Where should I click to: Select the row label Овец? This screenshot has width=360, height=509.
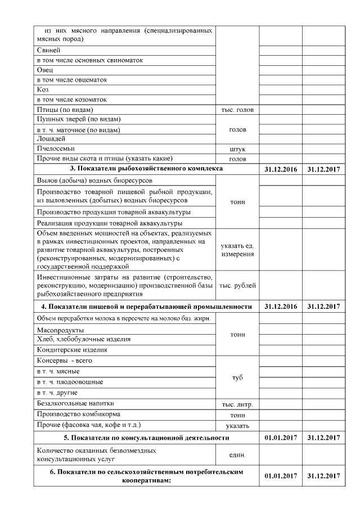(x=44, y=70)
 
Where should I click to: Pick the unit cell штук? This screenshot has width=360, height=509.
(x=237, y=149)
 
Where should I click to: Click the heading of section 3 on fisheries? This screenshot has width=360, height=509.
(x=146, y=169)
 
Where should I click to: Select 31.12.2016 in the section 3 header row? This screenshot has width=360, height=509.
(x=280, y=169)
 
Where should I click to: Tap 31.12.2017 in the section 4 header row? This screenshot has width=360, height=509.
(x=323, y=307)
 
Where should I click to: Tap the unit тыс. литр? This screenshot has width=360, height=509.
(x=237, y=404)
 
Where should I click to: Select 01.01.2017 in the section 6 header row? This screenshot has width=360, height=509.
(x=280, y=476)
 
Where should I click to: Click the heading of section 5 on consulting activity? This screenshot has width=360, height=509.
(x=146, y=438)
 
